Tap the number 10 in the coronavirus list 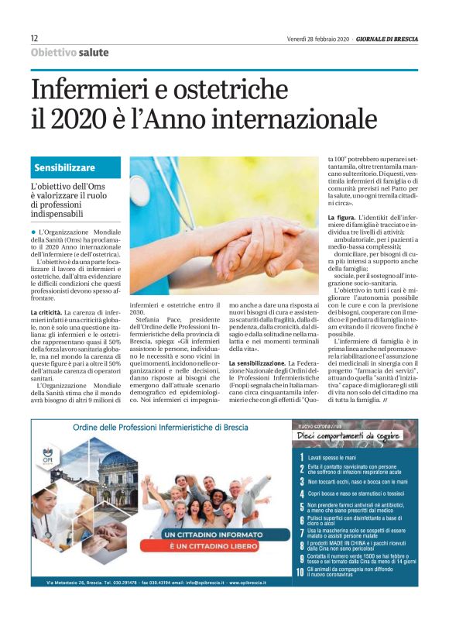(x=300, y=594)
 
